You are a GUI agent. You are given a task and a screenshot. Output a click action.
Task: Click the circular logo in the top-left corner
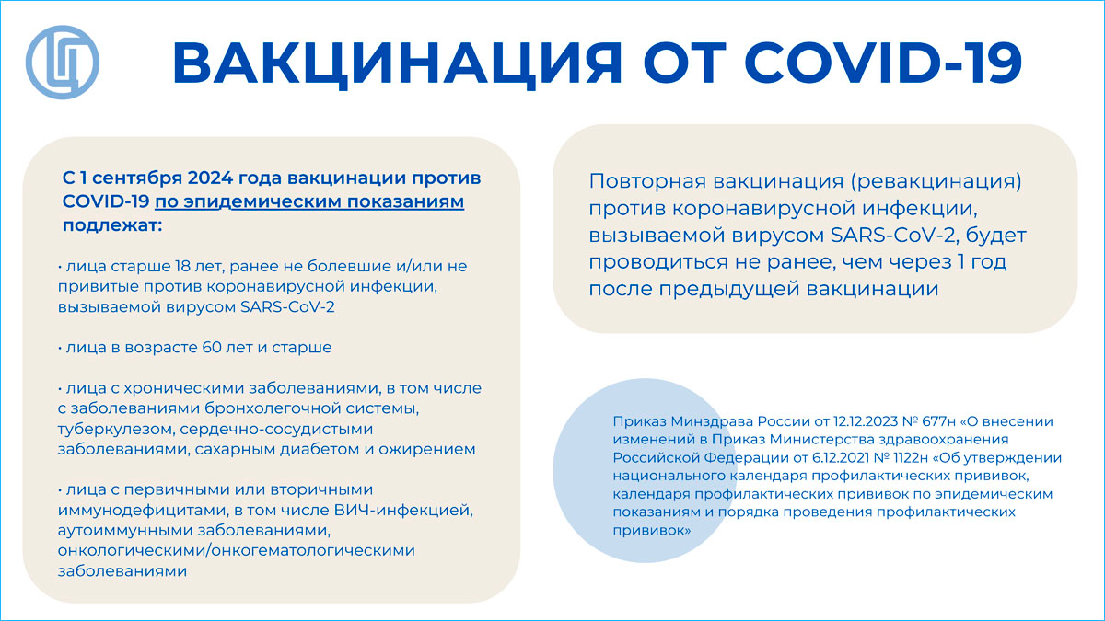[x=63, y=63]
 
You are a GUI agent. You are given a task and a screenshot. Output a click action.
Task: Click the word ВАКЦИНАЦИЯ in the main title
[x=398, y=64]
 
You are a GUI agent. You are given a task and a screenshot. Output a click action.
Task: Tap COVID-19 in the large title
[x=883, y=63]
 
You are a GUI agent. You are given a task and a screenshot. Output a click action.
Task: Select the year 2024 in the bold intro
[x=210, y=178]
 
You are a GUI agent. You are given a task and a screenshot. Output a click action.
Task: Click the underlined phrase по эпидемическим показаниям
[x=309, y=201]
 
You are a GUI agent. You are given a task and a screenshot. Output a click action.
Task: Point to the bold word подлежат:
[x=112, y=225]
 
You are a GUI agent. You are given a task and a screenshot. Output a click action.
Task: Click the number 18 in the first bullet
[x=182, y=266]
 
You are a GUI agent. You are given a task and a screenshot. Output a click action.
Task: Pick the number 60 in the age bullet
[x=212, y=348]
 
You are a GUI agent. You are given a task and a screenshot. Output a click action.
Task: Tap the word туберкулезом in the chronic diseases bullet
[x=116, y=430]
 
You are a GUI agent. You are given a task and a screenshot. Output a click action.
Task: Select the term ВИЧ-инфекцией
[x=403, y=510]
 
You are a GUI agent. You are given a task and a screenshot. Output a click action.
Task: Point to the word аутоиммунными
[x=126, y=531]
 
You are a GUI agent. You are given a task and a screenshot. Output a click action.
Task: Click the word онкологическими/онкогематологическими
[x=237, y=550]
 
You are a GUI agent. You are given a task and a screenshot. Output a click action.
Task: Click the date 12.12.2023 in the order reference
[x=864, y=422]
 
